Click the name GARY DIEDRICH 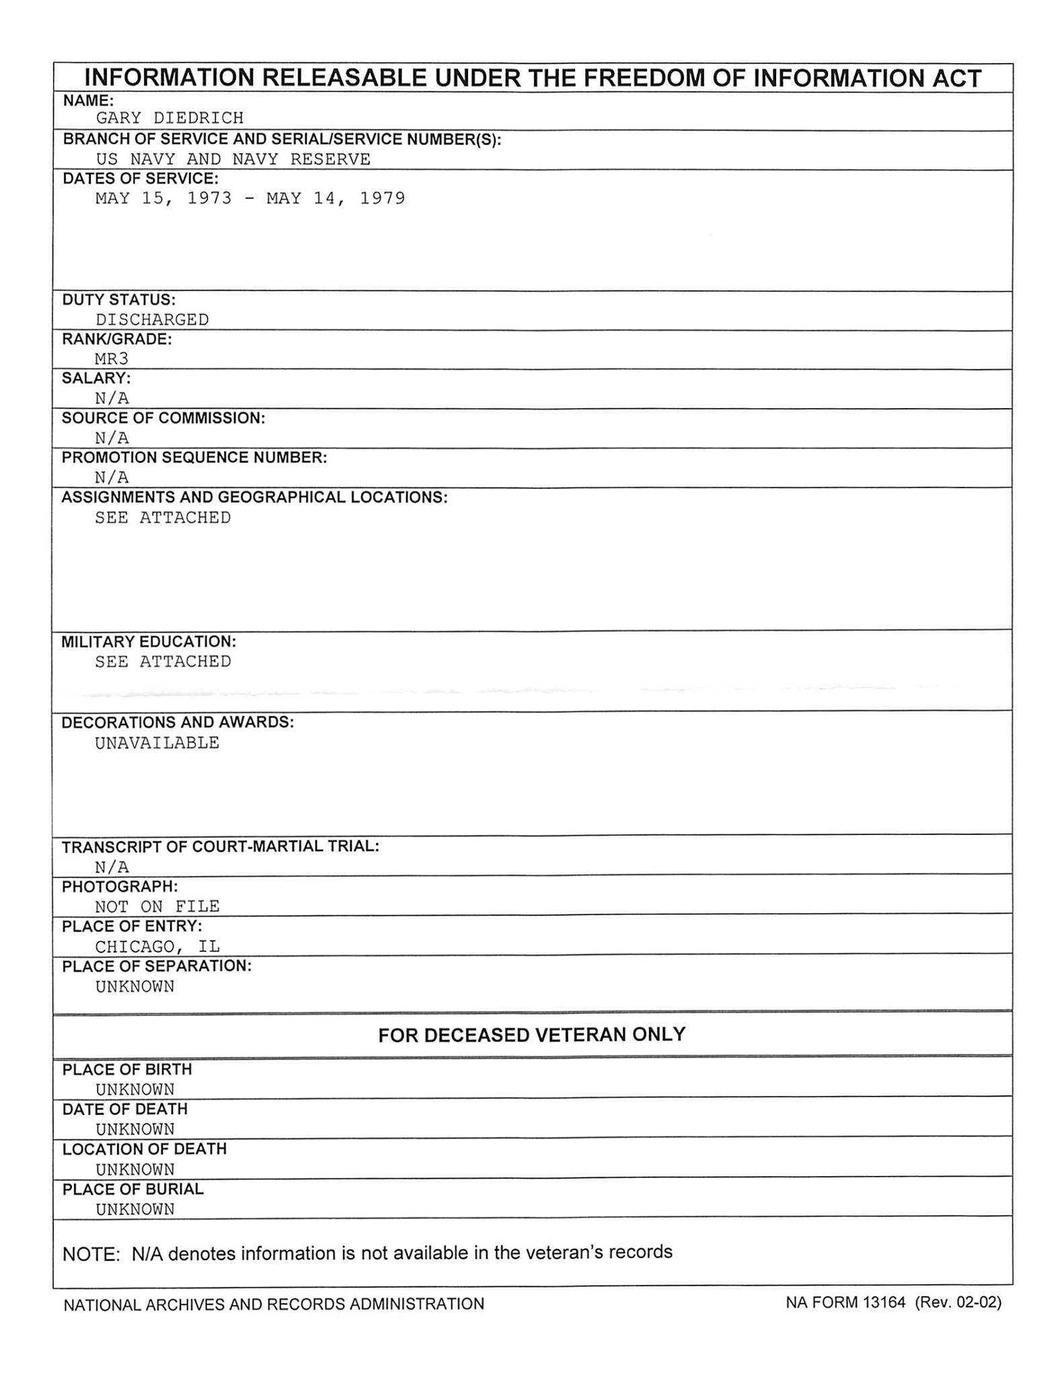[169, 118]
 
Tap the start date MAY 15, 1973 [163, 198]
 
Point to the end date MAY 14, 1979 [336, 198]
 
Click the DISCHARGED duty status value [152, 319]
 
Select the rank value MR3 [112, 358]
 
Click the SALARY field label [96, 379]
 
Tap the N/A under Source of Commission [112, 438]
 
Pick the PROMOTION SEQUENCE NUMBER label [194, 458]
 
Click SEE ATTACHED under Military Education [163, 662]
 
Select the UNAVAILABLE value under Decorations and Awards [157, 743]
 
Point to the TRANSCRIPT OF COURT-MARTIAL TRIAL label [221, 847]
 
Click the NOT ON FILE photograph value [157, 906]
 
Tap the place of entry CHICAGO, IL [157, 947]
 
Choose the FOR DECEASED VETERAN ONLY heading [532, 1034]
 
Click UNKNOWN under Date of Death [135, 1130]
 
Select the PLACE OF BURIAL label [133, 1189]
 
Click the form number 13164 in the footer [884, 1302]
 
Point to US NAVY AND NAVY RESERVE [233, 159]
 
